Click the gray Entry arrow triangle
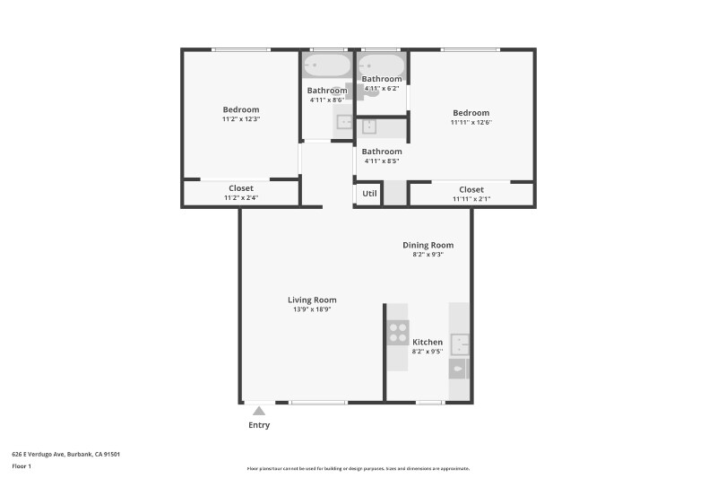258,411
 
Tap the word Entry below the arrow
258,425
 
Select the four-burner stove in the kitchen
398,333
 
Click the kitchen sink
460,343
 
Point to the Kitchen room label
428,342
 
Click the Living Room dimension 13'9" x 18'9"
312,309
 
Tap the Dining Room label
428,245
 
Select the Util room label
369,193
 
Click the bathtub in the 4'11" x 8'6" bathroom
326,66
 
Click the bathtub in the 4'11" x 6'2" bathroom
382,65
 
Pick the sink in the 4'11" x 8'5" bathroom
369,127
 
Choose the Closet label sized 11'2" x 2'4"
240,188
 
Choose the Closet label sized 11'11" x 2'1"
471,189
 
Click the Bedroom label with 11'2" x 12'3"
241,109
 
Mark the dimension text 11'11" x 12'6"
471,122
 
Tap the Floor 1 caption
22,466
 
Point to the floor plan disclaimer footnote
358,468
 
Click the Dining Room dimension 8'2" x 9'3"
428,255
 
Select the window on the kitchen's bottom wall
429,402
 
